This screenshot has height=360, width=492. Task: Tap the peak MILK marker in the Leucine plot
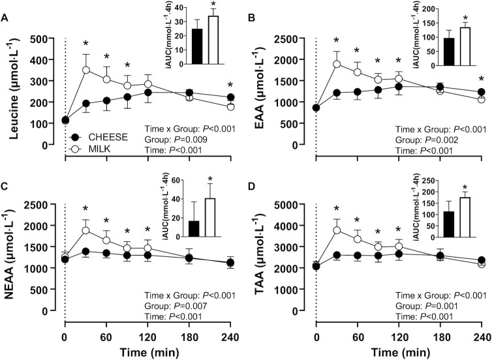(x=85, y=69)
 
